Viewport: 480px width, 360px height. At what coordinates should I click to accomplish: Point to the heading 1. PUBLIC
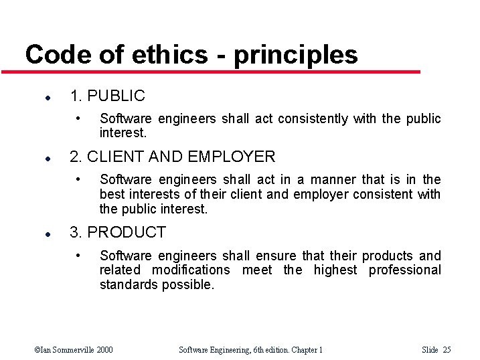(107, 96)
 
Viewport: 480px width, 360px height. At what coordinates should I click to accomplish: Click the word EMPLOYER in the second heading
(232, 157)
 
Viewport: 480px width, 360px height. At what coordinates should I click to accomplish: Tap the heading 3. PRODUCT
(118, 233)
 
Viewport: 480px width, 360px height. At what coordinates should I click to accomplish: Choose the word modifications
(191, 270)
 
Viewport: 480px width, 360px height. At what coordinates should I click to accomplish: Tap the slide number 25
(447, 349)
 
